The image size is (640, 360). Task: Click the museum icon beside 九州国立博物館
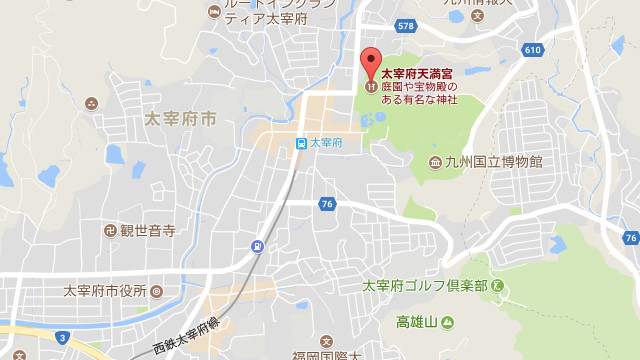tap(435, 162)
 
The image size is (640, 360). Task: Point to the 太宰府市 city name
tap(180, 119)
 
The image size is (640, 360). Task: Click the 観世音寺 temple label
tap(148, 230)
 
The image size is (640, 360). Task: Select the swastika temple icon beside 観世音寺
tap(109, 230)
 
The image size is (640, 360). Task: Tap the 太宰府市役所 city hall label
tap(105, 291)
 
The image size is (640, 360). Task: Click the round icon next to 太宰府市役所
tap(156, 291)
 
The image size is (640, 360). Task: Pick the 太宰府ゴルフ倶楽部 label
tap(425, 286)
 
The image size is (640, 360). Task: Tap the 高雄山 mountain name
tap(417, 322)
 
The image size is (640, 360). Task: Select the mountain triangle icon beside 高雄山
tap(447, 322)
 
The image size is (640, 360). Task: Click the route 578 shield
tap(404, 26)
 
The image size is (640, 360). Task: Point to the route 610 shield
tap(532, 49)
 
